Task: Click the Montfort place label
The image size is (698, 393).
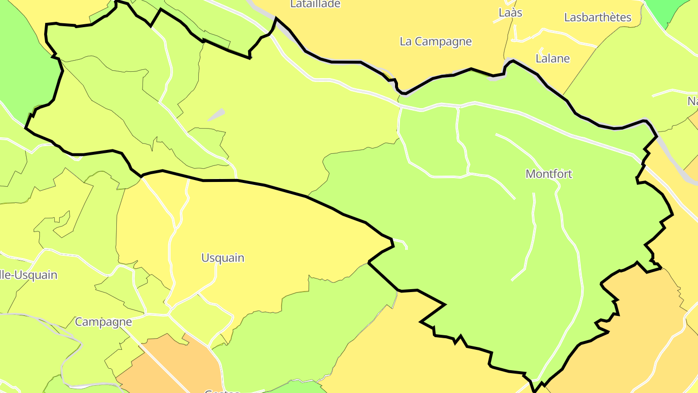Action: tap(549, 174)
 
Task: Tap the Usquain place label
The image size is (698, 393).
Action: tap(223, 258)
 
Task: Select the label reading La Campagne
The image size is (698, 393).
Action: tap(435, 41)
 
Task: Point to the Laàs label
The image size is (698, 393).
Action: tap(510, 13)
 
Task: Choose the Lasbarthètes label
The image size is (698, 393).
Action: tap(598, 17)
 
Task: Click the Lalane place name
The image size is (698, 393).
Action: tap(553, 59)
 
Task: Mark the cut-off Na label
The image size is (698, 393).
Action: tap(692, 101)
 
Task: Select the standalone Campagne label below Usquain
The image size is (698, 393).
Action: tap(103, 322)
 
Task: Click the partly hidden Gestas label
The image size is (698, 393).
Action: tap(222, 391)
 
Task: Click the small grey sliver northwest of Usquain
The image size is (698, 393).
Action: tap(216, 115)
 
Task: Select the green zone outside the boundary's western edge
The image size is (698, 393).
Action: tap(24, 68)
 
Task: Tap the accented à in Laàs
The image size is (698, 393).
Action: tap(510, 13)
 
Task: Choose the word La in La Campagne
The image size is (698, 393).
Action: tap(405, 41)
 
